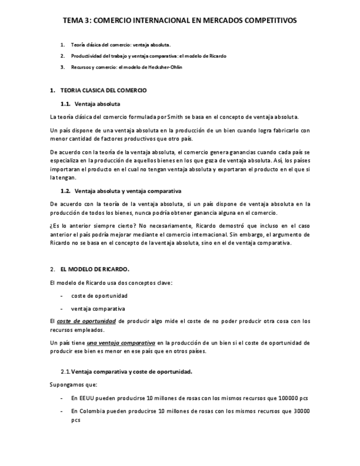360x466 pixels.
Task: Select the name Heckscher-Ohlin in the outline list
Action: point(164,67)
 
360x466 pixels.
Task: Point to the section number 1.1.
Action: point(65,103)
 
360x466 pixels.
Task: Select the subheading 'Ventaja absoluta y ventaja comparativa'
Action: point(128,191)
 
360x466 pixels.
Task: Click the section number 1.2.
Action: point(65,191)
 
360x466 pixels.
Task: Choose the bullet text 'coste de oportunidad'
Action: point(99,296)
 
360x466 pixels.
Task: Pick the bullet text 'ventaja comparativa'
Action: point(98,309)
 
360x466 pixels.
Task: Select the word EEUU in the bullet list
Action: point(86,398)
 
